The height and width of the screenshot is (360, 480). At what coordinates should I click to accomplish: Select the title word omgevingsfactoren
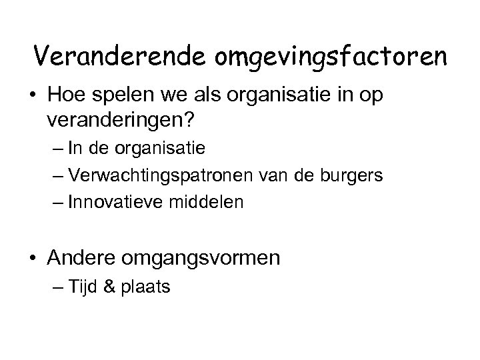(x=331, y=57)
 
